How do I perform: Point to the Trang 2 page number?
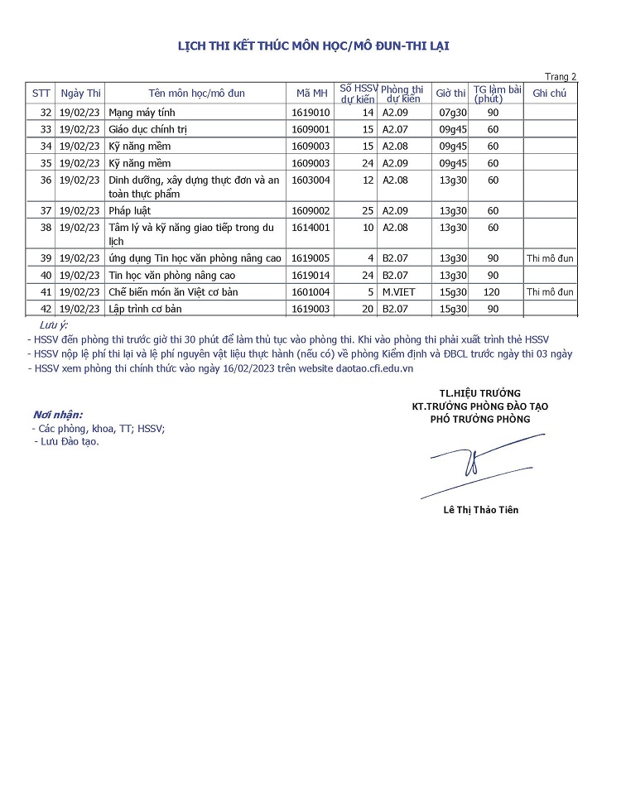pos(560,77)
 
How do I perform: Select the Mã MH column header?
pos(311,94)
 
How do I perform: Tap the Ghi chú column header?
pos(550,94)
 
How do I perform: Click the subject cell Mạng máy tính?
pos(142,113)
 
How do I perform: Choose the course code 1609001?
pos(311,129)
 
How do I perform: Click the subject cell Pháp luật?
pos(130,211)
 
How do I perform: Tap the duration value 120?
pos(493,292)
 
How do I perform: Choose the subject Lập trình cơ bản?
pos(145,309)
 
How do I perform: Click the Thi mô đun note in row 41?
pos(550,292)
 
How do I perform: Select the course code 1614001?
pos(311,228)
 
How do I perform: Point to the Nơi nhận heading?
pos(58,414)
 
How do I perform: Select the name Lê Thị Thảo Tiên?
pos(481,510)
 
